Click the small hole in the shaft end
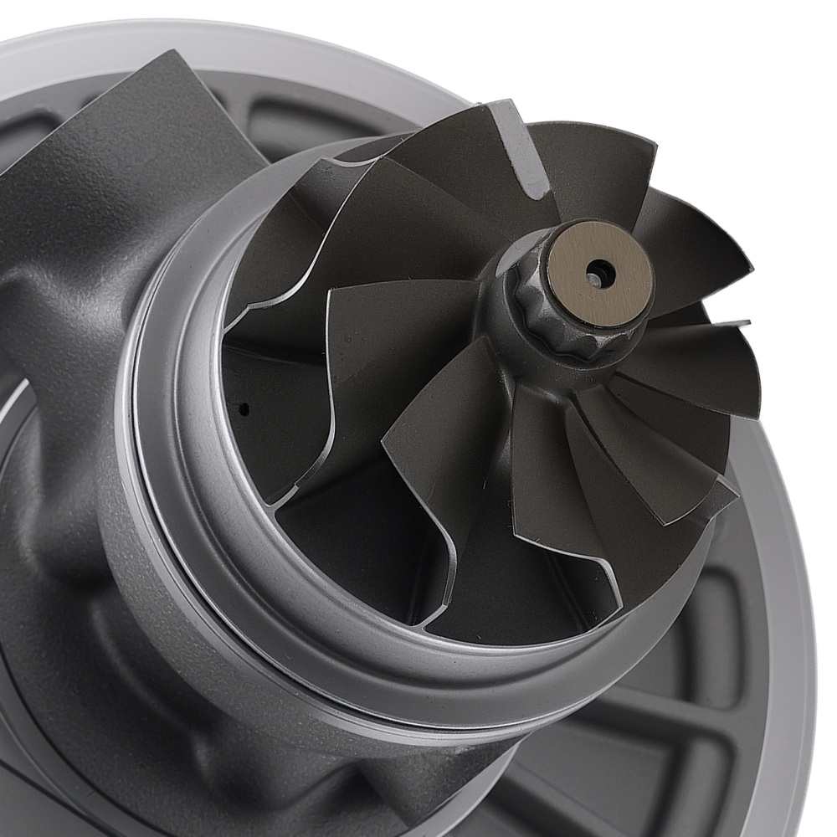coord(597,273)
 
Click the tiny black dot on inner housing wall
coord(244,409)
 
